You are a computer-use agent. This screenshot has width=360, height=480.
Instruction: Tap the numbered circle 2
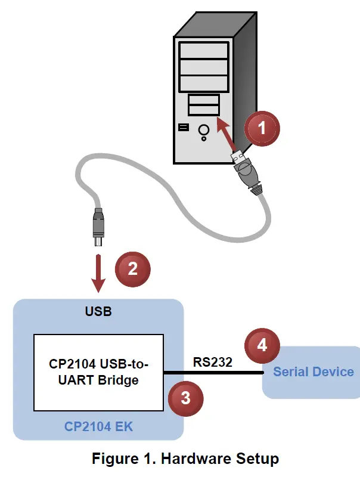tap(133, 268)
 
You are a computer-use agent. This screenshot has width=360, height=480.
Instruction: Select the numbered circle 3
tap(185, 398)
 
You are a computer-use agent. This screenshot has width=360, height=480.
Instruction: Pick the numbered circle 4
tap(262, 345)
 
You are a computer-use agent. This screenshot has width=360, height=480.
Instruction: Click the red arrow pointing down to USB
tap(99, 271)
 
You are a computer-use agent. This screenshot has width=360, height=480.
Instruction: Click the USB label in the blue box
tap(98, 312)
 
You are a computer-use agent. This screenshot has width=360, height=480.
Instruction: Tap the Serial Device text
tap(313, 372)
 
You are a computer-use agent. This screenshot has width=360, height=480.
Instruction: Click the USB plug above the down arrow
tap(98, 227)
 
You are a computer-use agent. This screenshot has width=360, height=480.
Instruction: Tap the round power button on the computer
tap(204, 129)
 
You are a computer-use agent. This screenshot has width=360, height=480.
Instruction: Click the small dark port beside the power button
tap(182, 127)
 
